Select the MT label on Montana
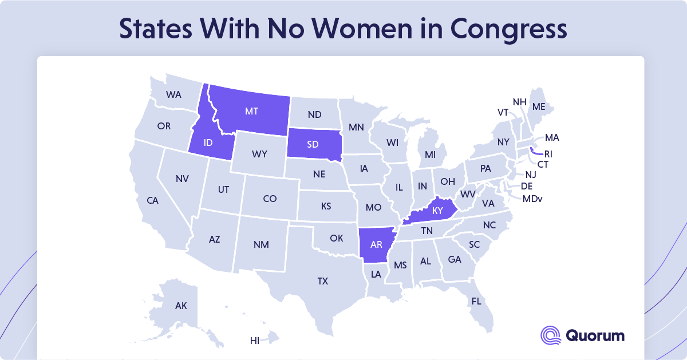[251, 111]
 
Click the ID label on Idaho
[208, 143]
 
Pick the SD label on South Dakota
[313, 144]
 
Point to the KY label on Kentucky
[438, 211]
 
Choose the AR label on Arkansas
[376, 244]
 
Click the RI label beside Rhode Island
[548, 154]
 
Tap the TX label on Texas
[323, 281]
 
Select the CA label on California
[152, 200]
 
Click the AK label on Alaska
[181, 306]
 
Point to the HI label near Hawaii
[255, 341]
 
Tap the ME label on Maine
[539, 106]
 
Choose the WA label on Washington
[173, 94]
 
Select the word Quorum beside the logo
[594, 335]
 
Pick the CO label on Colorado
[270, 199]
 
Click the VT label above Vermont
[503, 112]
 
